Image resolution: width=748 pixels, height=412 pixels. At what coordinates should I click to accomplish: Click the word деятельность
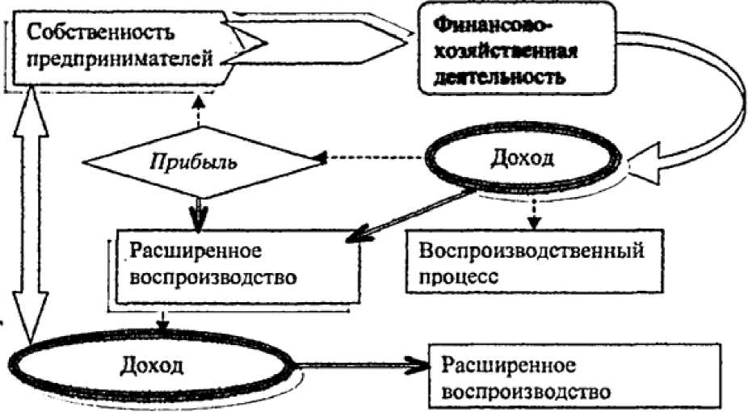496,78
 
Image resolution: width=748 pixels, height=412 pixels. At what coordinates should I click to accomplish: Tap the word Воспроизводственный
531,250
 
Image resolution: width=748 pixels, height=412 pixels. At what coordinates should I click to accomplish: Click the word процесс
457,275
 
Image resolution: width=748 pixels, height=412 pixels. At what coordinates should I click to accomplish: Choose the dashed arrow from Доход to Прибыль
376,158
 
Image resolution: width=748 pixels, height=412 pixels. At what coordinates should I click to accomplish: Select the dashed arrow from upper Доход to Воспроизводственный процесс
532,212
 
